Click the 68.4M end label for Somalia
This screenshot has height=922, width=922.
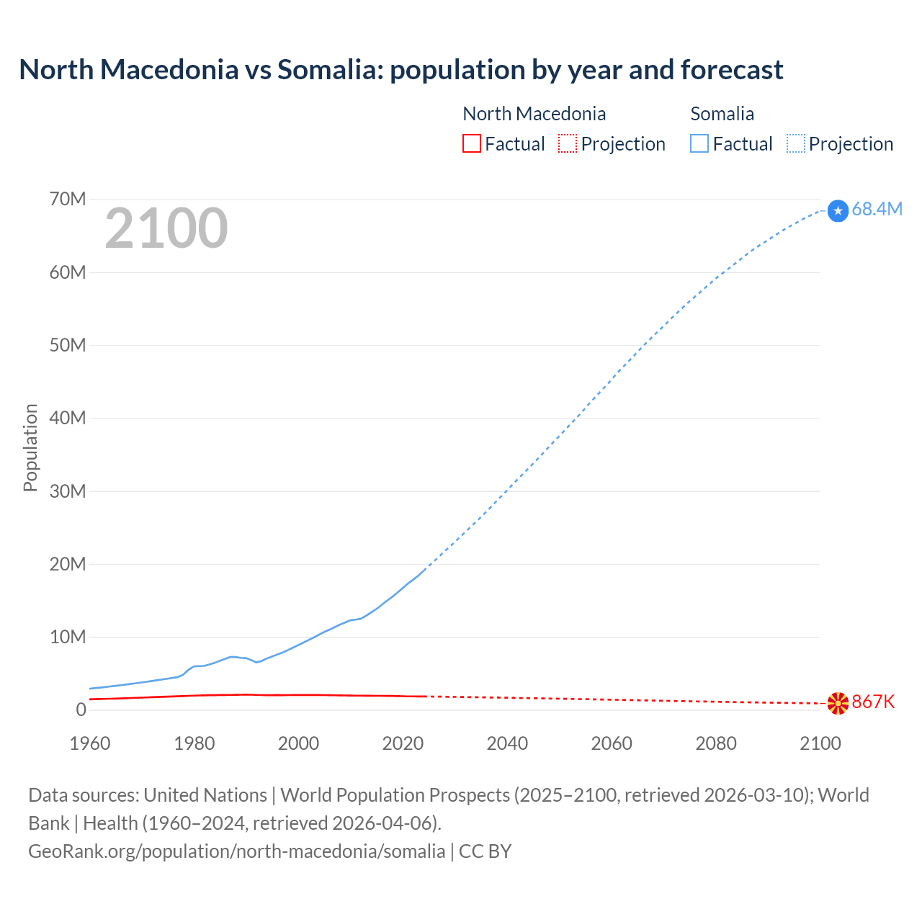pos(877,210)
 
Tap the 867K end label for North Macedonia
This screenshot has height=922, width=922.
pos(873,702)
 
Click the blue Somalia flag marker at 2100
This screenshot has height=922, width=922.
pos(838,210)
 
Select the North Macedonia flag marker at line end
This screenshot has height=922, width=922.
pos(838,703)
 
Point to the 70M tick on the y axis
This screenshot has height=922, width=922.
pos(68,200)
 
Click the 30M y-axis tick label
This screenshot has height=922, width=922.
pos(68,491)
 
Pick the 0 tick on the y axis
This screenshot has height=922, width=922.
pos(81,710)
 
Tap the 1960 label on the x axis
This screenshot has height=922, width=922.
pos(90,743)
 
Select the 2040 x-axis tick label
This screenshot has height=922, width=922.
pos(507,743)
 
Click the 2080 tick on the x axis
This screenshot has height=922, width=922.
pos(716,743)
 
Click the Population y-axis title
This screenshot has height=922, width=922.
pos(30,447)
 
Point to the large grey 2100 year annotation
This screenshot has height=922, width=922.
pos(166,228)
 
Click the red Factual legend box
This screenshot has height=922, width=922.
pos(471,143)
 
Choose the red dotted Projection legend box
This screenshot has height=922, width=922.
pos(568,143)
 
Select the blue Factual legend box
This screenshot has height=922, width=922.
pos(699,143)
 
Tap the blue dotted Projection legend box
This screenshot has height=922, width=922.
pos(796,143)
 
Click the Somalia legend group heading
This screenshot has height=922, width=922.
pos(722,114)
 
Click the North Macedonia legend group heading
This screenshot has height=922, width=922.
pos(534,114)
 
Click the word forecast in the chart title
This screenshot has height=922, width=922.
pos(732,70)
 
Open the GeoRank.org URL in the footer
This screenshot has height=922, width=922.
pos(236,851)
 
